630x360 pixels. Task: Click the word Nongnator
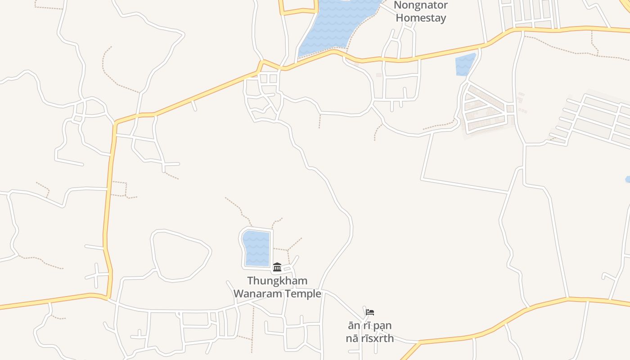pos(421,5)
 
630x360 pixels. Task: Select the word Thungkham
pos(277,281)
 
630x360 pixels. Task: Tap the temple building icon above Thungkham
pos(277,267)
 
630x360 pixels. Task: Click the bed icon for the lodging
pos(370,312)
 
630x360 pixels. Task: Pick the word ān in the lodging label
pos(353,325)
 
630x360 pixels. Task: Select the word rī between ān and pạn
pos(366,325)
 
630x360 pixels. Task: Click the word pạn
pos(382,326)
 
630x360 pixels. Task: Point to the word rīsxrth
pos(377,338)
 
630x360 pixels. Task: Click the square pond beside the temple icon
pos(256,248)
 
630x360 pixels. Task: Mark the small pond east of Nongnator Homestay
pos(465,64)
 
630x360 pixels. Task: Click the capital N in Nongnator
pos(398,5)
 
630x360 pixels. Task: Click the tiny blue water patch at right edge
pos(628,180)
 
